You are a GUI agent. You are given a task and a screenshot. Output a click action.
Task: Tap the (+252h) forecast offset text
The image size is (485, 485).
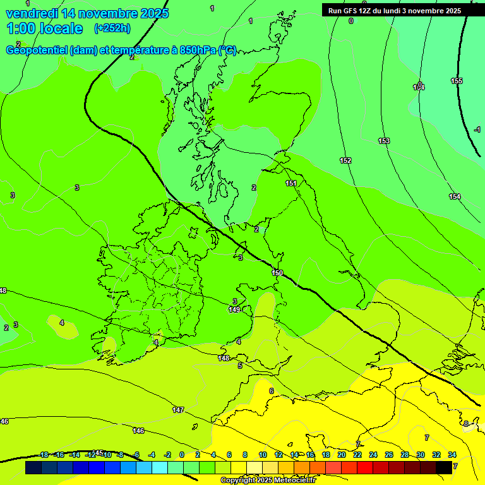[x=112, y=28]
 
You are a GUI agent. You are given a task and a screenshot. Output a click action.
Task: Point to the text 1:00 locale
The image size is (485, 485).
[x=44, y=28]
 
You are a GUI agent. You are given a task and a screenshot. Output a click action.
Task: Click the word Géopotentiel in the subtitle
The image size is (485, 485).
[x=37, y=51]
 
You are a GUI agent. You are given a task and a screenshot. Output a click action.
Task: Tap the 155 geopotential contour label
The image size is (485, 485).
[x=457, y=81]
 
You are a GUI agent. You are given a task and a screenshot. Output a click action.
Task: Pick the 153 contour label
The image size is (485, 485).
[x=384, y=141]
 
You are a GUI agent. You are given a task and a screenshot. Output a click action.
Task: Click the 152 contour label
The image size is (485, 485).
[x=345, y=161]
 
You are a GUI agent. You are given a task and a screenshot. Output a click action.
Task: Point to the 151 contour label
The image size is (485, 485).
[x=290, y=183]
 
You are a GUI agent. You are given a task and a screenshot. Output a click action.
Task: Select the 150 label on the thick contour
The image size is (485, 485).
[x=277, y=273]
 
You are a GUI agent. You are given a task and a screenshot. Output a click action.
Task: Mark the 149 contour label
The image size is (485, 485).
[x=234, y=309]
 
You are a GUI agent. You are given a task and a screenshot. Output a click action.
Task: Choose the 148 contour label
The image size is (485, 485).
[x=224, y=358]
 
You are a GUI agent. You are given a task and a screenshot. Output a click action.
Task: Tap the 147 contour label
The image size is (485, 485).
[x=178, y=410]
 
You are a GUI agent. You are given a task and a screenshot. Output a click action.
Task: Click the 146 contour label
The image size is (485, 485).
[x=138, y=431]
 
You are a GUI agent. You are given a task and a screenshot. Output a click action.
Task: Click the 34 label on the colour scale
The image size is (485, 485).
[x=452, y=455]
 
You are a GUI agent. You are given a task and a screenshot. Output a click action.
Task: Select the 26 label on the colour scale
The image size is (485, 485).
[x=389, y=455]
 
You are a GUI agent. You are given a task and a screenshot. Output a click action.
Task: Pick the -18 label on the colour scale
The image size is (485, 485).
[x=44, y=455]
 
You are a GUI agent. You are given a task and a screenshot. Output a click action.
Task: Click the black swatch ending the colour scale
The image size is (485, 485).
[x=444, y=467]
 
